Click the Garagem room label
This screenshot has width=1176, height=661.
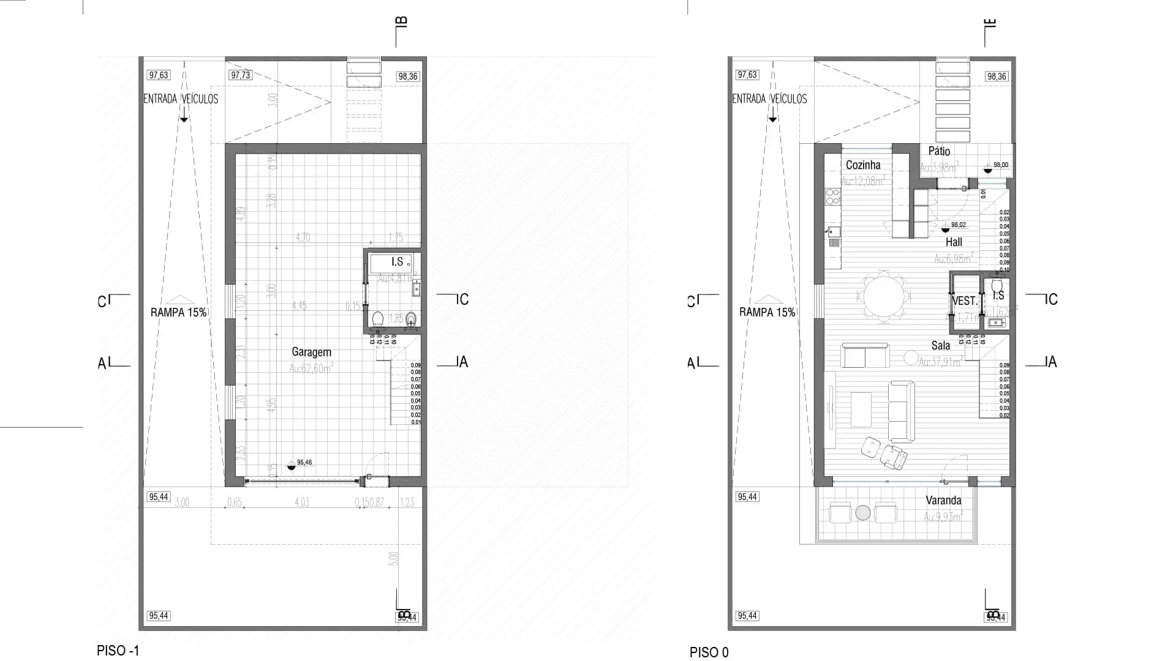(311, 352)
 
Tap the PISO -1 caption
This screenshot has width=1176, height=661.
(118, 651)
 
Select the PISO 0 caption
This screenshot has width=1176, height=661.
(709, 652)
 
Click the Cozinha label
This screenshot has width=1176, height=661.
(863, 165)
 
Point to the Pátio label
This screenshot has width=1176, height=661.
(939, 151)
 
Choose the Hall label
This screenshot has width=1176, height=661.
(954, 242)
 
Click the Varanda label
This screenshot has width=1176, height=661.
(943, 500)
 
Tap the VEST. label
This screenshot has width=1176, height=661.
(965, 301)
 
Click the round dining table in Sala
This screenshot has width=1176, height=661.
(886, 297)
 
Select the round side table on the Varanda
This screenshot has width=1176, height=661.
(863, 513)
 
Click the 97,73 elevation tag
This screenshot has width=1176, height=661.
(240, 75)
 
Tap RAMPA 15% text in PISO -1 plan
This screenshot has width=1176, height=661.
(178, 312)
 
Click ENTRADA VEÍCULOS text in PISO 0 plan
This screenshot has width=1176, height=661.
(770, 99)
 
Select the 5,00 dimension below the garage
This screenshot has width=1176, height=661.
(394, 558)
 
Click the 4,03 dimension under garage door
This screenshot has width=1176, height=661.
(301, 502)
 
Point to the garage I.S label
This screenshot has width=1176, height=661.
(397, 261)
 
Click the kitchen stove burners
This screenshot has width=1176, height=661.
(832, 196)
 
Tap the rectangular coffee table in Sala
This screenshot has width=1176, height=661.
(861, 409)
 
